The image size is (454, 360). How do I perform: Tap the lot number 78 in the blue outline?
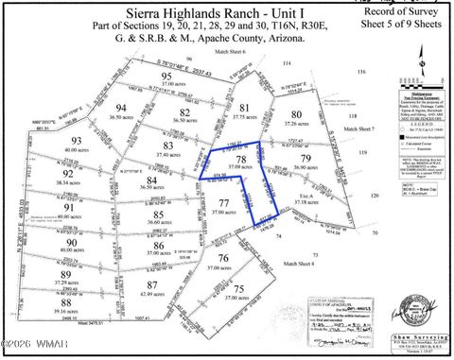[242, 160]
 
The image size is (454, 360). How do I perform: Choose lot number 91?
[69, 207]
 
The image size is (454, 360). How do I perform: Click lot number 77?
[223, 204]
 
